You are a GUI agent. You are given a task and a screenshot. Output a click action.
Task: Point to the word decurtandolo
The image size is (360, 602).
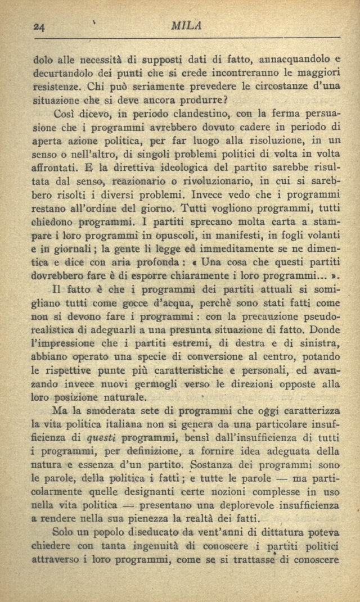pos(64,73)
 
